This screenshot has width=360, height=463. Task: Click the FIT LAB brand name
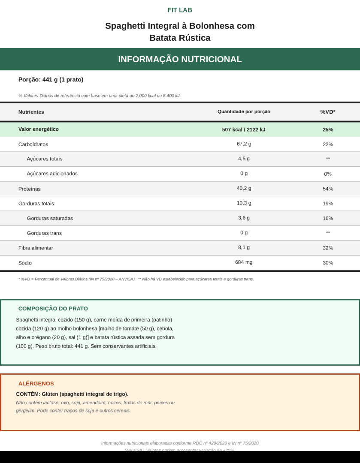[180, 10]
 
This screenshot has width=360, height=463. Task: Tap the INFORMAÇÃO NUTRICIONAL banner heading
[180, 59]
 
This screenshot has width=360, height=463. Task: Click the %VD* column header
[328, 112]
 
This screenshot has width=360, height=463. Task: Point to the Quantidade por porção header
[244, 111]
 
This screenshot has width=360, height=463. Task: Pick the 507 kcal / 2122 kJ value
[244, 129]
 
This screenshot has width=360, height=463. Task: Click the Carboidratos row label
[33, 144]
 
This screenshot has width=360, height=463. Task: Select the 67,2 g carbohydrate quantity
[244, 144]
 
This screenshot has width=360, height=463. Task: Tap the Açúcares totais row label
[44, 159]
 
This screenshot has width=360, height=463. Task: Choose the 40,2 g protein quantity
[244, 188]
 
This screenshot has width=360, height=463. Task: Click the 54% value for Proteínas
[328, 189]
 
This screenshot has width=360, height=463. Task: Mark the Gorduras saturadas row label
[50, 218]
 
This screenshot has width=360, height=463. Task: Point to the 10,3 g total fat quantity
[244, 203]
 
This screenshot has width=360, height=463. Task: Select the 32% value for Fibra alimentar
[328, 248]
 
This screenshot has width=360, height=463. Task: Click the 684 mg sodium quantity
[244, 262]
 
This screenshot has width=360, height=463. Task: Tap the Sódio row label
[25, 263]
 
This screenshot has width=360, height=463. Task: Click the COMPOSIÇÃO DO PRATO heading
[53, 309]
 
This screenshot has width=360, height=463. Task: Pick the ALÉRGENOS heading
[36, 384]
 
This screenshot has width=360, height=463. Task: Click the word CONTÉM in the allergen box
[27, 394]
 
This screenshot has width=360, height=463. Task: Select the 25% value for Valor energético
[328, 129]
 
